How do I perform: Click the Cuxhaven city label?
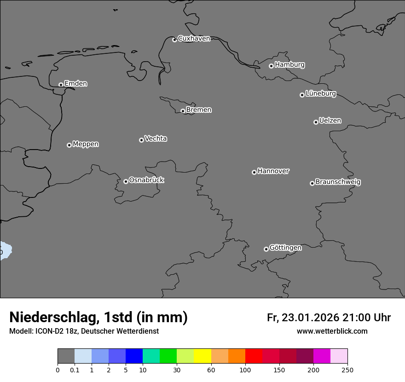click(194, 39)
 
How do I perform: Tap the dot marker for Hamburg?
click(271, 66)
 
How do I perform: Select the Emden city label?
click(75, 84)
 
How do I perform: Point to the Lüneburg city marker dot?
click(302, 95)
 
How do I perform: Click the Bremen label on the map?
click(199, 110)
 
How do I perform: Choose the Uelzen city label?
click(330, 121)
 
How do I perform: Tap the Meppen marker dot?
click(69, 145)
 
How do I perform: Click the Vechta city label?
click(156, 139)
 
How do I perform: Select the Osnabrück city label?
click(146, 180)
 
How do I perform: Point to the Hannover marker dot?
click(254, 172)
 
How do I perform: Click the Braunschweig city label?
click(338, 182)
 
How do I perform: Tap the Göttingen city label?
click(285, 248)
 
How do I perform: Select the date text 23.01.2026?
click(311, 318)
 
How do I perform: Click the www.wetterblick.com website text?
click(332, 331)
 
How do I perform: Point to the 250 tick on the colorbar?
click(347, 370)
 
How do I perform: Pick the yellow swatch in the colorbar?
click(202, 356)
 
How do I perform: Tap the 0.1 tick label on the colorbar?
click(75, 370)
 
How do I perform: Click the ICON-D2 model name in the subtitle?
click(52, 331)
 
